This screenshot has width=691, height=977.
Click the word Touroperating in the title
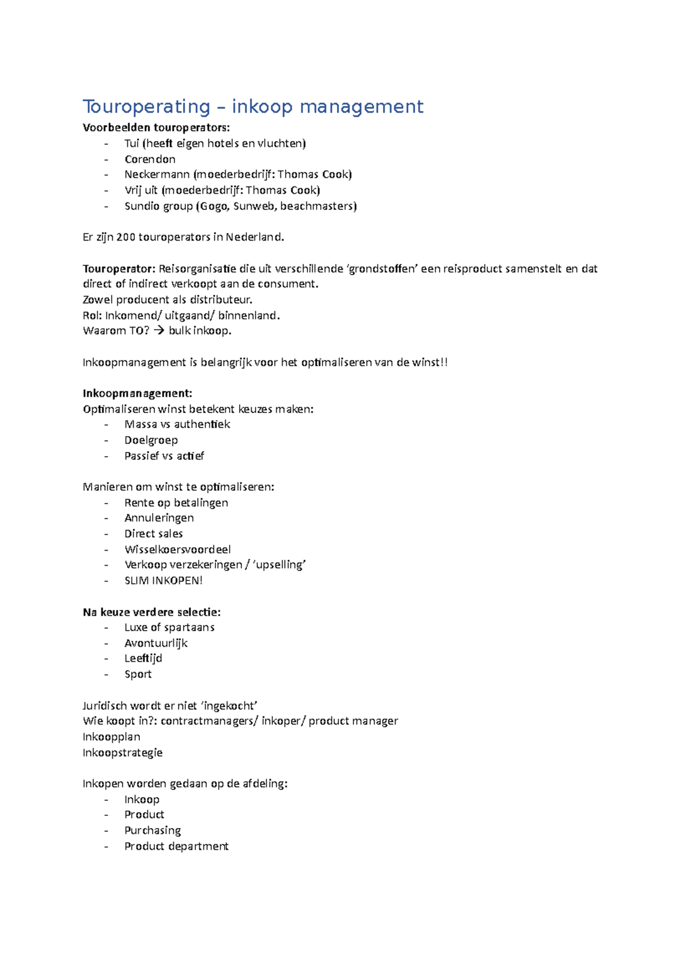(x=146, y=107)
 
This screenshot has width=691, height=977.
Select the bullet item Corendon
(x=150, y=159)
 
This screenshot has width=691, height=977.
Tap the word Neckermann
(x=157, y=175)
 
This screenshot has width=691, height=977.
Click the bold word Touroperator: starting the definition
(x=119, y=269)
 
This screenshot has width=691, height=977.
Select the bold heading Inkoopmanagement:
(x=137, y=394)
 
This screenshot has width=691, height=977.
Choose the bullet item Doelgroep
(x=151, y=441)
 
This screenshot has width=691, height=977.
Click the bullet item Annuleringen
(x=159, y=518)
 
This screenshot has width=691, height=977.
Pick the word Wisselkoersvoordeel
(x=177, y=550)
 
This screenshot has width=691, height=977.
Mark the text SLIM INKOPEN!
(x=164, y=581)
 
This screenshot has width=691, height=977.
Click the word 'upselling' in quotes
(x=279, y=566)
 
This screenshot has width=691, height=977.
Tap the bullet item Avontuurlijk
(x=155, y=644)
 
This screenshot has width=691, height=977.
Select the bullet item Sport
(x=138, y=675)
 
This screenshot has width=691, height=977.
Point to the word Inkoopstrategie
(x=122, y=753)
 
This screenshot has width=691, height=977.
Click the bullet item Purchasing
(x=153, y=831)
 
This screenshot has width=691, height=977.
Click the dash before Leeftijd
(x=107, y=659)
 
